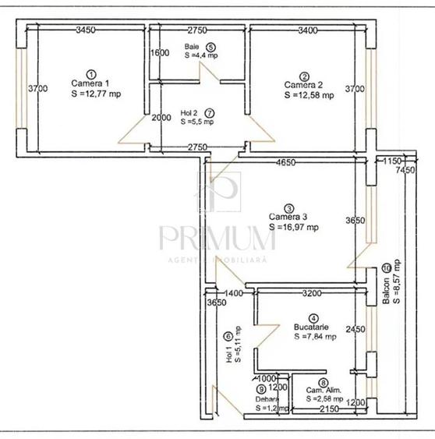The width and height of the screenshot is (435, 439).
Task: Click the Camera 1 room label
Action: click(91, 83)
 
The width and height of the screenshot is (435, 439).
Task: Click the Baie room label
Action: click(192, 47)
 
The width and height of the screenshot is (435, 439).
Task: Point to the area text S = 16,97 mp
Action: click(294, 228)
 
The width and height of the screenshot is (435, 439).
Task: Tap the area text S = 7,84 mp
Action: click(315, 337)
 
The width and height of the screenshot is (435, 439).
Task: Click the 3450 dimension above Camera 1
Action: click(86, 30)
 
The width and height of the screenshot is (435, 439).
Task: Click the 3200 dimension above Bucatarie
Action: click(310, 293)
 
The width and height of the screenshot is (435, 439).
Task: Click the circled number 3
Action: click(289, 208)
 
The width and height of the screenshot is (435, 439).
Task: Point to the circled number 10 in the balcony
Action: click(387, 269)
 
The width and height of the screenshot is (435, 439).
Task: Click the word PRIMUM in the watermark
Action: click(217, 235)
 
